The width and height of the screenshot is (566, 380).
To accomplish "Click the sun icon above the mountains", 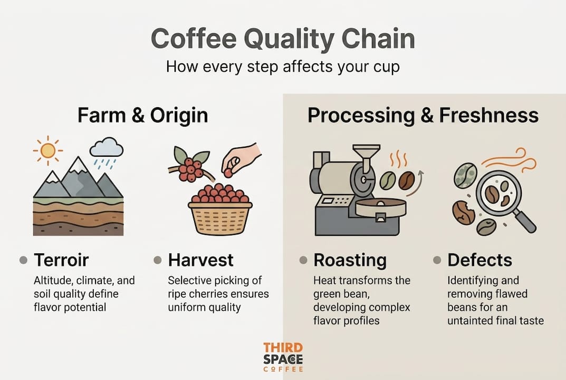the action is (47, 150).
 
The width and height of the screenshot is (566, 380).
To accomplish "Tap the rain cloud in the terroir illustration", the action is (107, 151).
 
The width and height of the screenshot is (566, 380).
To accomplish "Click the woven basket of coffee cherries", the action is (220, 217).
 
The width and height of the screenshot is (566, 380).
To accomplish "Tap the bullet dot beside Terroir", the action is (23, 260).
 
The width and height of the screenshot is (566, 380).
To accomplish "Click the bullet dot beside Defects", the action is (437, 260).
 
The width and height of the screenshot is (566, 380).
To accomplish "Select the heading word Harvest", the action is (200, 260).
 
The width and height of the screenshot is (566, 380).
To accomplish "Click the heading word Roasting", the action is (350, 261).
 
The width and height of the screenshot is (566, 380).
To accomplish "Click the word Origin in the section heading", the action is (179, 116).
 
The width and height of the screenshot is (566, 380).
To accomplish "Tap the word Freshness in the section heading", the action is (489, 116).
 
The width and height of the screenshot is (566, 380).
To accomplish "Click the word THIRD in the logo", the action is (283, 348).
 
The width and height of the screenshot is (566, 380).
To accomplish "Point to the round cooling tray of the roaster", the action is (381, 208).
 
